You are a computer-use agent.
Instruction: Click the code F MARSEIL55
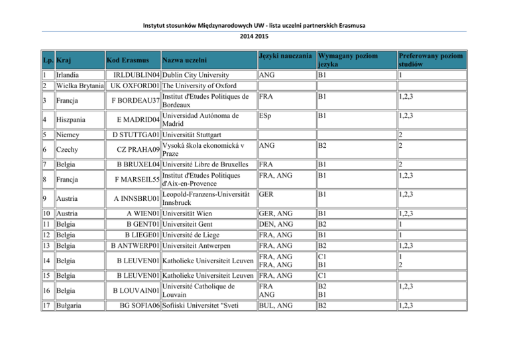tap(133, 179)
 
